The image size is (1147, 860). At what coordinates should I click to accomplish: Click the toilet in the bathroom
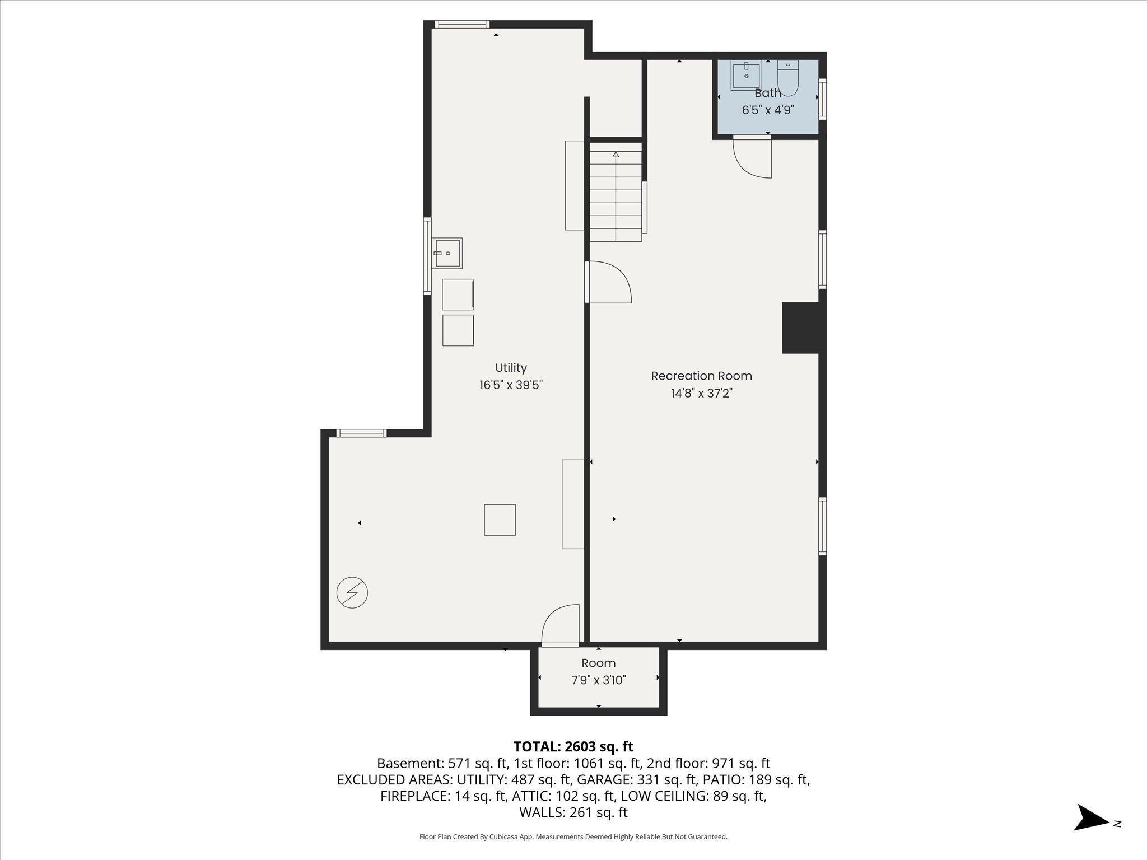(787, 79)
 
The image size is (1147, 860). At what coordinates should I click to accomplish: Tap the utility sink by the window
(447, 254)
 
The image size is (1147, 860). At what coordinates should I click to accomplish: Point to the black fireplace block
(800, 328)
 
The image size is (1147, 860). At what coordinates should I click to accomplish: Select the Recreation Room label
(701, 376)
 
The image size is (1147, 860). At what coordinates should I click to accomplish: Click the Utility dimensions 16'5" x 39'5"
(511, 385)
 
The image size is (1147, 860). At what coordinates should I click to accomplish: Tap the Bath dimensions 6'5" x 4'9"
(768, 110)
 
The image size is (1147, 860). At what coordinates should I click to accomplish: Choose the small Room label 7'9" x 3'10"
(598, 671)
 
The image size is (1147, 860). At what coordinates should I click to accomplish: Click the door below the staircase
(609, 282)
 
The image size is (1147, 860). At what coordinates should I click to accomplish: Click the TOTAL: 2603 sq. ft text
(573, 746)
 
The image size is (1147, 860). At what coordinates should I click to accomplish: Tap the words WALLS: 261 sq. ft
(573, 812)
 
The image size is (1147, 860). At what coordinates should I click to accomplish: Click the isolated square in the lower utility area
(500, 520)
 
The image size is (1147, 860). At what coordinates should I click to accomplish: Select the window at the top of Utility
(462, 24)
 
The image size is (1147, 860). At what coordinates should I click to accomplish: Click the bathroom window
(822, 99)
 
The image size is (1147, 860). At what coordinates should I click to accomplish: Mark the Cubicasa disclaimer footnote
(573, 836)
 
